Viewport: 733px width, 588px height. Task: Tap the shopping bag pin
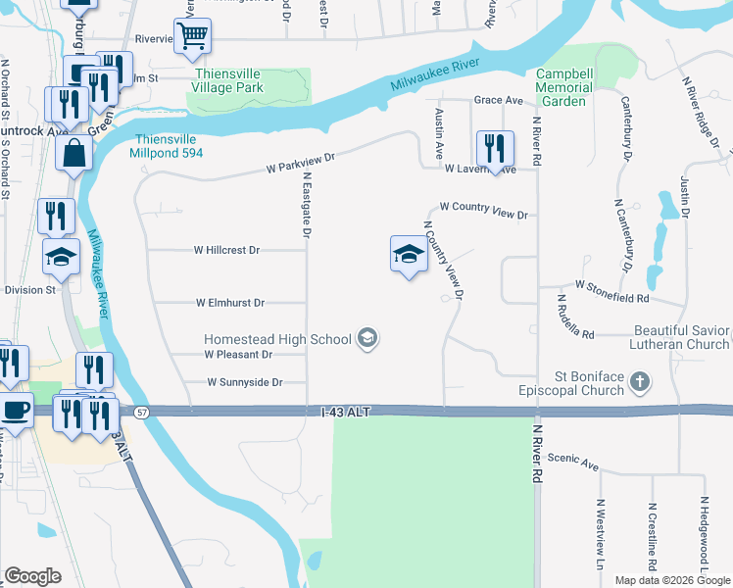pyautogui.click(x=74, y=154)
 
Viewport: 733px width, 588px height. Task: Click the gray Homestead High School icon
pyautogui.click(x=367, y=339)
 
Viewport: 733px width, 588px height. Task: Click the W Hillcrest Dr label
pyautogui.click(x=226, y=250)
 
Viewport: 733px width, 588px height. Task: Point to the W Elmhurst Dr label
pyautogui.click(x=230, y=303)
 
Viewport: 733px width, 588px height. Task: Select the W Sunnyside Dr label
pyautogui.click(x=245, y=382)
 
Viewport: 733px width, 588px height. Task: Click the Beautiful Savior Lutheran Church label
pyautogui.click(x=681, y=338)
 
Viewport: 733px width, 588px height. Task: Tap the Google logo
pyautogui.click(x=32, y=576)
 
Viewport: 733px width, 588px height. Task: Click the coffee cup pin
pyautogui.click(x=15, y=409)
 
